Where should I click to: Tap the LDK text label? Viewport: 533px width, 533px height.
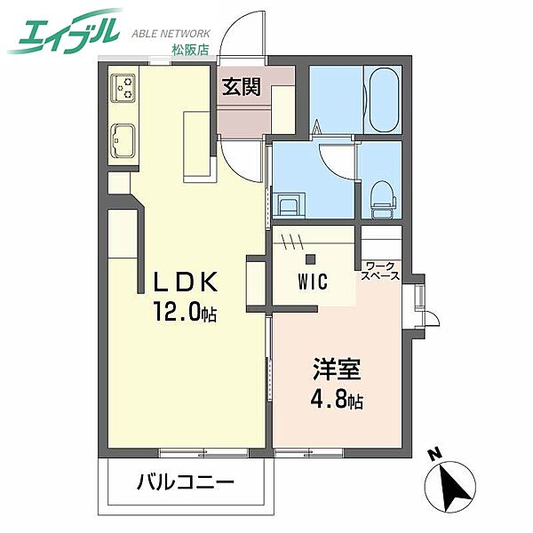(184, 283)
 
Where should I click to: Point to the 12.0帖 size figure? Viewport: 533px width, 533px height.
(184, 314)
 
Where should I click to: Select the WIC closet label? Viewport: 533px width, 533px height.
(312, 283)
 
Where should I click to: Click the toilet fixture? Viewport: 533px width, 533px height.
(380, 194)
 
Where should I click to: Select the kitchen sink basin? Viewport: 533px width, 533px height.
(123, 140)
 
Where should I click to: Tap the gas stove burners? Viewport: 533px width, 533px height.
(123, 88)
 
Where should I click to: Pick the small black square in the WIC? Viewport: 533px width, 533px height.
(311, 259)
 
